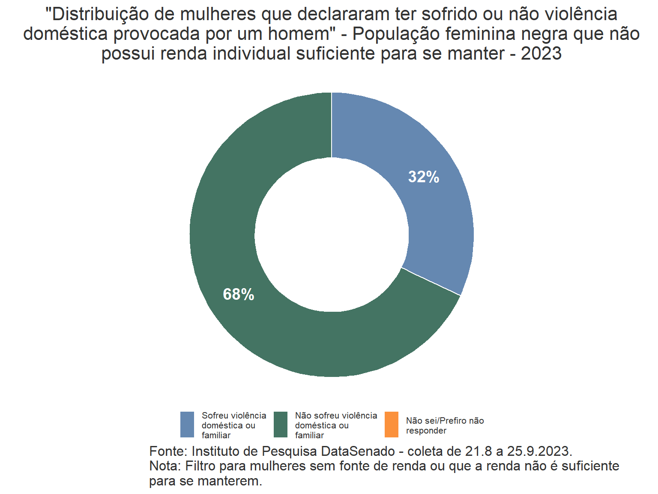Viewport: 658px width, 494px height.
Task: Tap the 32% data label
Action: [x=424, y=177]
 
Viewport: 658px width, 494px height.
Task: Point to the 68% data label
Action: [x=239, y=294]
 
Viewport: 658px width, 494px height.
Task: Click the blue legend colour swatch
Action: [x=187, y=425]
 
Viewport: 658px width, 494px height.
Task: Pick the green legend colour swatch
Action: [x=281, y=425]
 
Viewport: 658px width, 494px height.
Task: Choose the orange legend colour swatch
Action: [x=392, y=425]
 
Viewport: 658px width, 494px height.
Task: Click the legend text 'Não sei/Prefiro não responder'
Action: [x=445, y=425]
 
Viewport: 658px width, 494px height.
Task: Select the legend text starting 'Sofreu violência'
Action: [x=233, y=425]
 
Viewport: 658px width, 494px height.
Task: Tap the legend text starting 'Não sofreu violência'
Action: [x=336, y=425]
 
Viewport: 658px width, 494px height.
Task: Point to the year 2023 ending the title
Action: [x=541, y=54]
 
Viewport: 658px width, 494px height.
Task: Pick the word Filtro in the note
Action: [x=201, y=466]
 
